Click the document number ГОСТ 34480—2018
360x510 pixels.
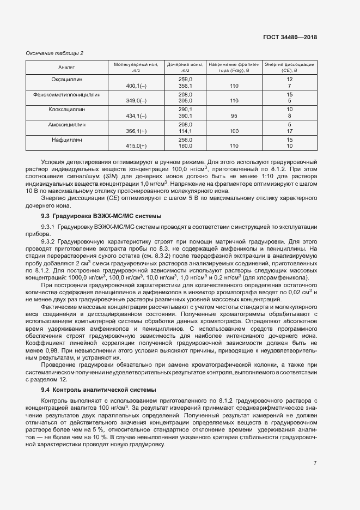coord(290,38)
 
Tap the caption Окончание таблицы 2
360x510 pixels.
coord(54,53)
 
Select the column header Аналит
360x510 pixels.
coord(67,67)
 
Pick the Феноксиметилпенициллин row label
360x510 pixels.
coord(67,94)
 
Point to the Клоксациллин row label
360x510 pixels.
coord(67,109)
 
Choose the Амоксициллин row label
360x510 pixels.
coord(67,124)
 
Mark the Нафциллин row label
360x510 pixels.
coord(67,139)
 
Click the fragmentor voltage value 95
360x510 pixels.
coord(234,116)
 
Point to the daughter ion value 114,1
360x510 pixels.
coord(185,131)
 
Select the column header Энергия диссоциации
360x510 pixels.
coord(289,67)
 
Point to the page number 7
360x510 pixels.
coord(315,463)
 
